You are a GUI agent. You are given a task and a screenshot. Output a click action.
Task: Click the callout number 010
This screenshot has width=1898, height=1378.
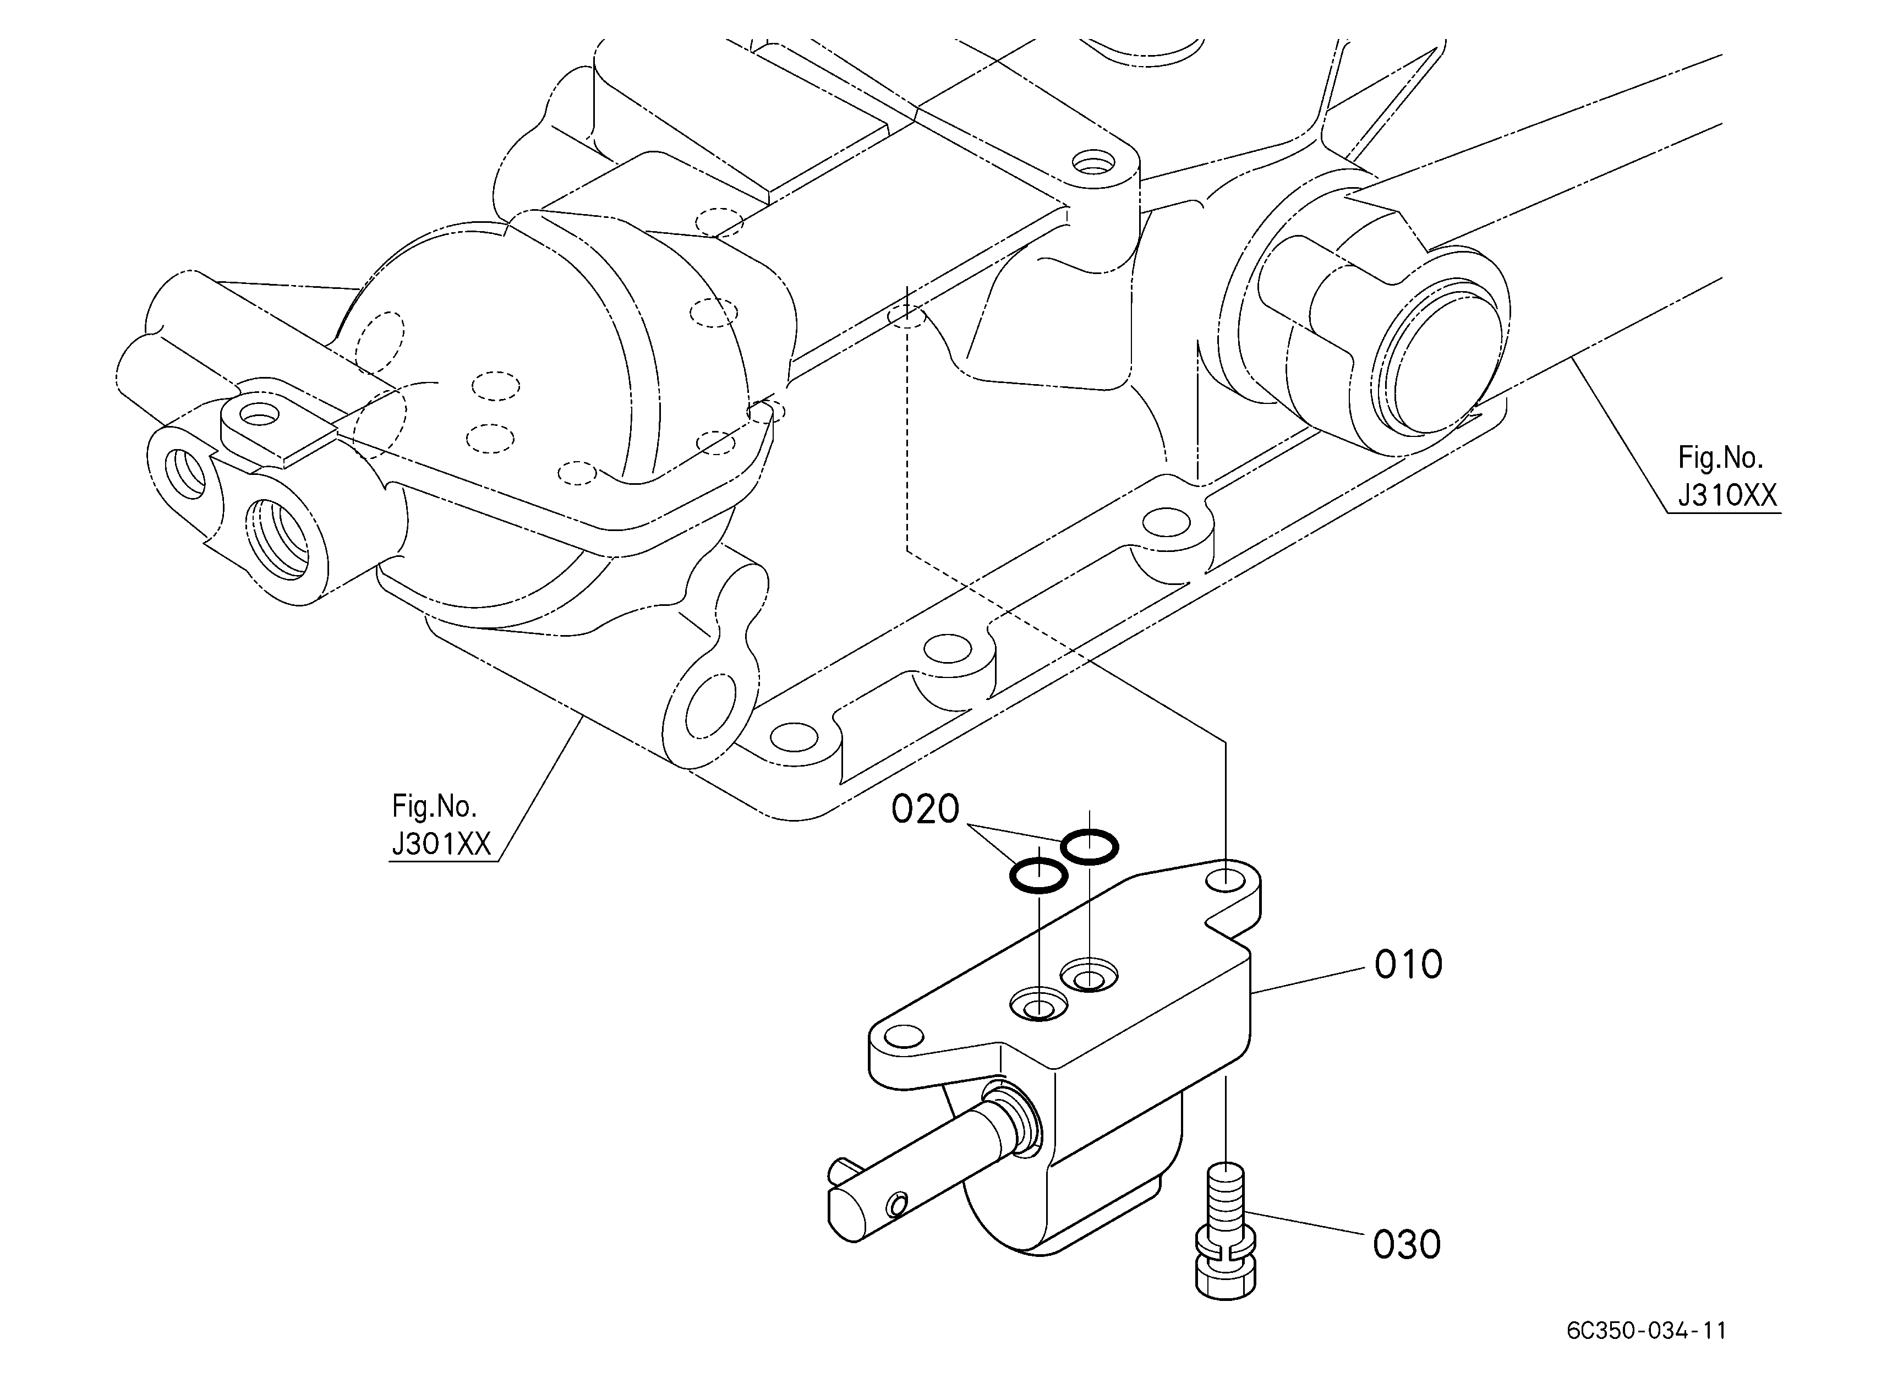(x=1408, y=965)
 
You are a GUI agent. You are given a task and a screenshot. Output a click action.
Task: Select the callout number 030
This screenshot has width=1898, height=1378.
(x=1407, y=1244)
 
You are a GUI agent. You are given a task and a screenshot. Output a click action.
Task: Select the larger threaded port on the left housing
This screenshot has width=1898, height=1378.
(x=280, y=539)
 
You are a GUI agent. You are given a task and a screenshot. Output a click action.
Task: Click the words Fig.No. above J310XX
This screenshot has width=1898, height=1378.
(x=1721, y=458)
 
